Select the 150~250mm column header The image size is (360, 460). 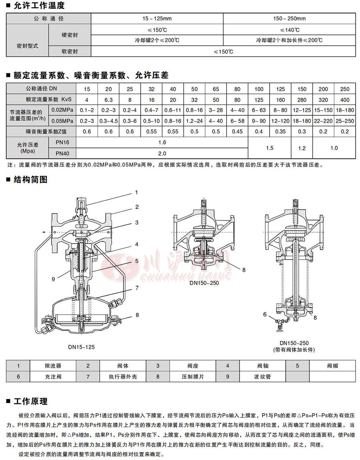coord(290,19)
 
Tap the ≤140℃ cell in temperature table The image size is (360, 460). coord(290,30)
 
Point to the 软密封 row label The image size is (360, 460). coord(70,51)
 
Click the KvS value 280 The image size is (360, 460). coord(302,100)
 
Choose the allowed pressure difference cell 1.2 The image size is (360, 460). coord(302,148)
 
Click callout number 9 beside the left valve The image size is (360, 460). coord(53,279)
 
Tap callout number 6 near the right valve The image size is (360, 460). coord(265,315)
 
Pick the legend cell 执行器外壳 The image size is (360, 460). coord(122,377)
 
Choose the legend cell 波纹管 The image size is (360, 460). coord(262,377)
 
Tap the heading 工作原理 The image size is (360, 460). coord(30,401)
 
